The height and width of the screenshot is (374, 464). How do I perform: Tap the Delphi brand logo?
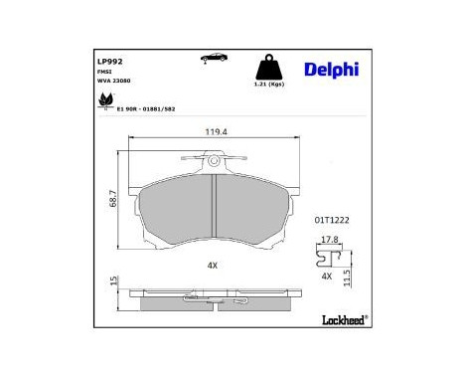tap(333, 68)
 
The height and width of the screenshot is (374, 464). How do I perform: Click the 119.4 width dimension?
tap(217, 131)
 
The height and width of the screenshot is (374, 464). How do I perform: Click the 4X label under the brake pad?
tap(212, 265)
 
